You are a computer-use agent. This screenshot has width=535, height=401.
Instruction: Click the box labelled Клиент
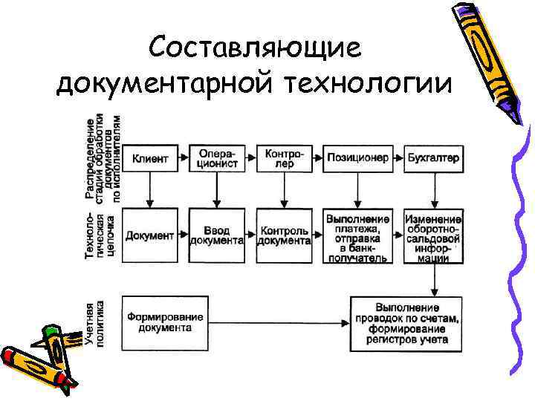pos(150,158)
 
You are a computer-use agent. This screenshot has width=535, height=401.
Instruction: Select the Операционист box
pos(217,158)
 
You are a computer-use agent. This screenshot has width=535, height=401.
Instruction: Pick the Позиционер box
pos(356,158)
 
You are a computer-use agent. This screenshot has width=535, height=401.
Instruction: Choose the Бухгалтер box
pos(433,158)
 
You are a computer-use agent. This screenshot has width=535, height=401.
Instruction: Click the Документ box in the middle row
pos(150,235)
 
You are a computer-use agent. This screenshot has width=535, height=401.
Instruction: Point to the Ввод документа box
pos(217,235)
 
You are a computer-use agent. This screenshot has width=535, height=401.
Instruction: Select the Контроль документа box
pos(284,235)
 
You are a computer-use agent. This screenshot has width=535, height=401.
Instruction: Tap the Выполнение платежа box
pos(357,238)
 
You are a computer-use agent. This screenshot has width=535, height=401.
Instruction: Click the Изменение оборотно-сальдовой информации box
pos(433,238)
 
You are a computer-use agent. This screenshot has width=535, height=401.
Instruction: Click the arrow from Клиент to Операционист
pos(182,158)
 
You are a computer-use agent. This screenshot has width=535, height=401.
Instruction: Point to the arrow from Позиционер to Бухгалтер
pos(396,158)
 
